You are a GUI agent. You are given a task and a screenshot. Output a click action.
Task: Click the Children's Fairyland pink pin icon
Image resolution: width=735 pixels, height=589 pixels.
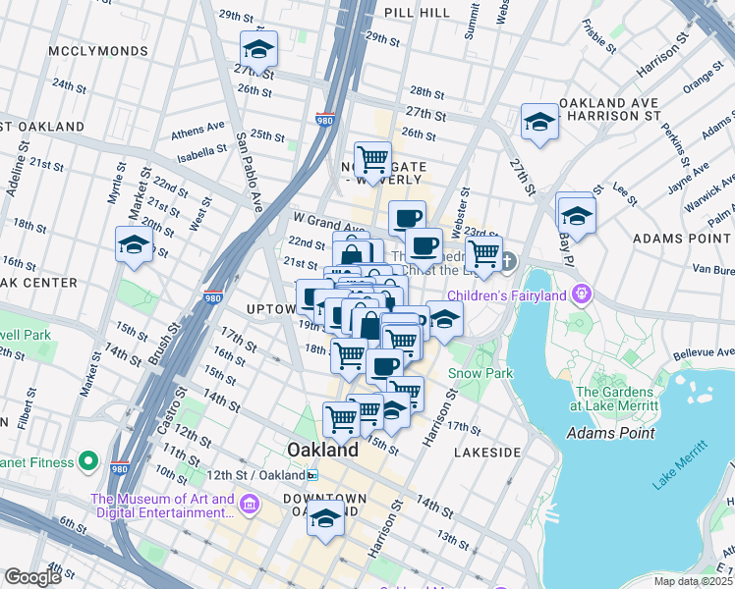click(x=583, y=294)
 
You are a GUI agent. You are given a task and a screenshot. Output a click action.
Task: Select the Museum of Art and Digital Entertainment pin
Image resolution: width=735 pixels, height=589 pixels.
click(x=250, y=507)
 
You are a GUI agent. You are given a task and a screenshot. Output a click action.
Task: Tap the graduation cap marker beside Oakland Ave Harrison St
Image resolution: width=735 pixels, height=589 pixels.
click(x=539, y=122)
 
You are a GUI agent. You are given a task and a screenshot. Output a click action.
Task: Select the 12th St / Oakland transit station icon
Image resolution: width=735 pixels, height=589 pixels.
click(x=312, y=475)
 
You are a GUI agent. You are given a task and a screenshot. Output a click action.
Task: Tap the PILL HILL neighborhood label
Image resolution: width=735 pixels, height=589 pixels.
click(x=418, y=12)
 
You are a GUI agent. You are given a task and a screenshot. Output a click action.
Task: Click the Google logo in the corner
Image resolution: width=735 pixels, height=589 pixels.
click(x=32, y=577)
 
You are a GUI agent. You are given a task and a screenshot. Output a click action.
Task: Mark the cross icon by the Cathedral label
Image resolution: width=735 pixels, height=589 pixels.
click(x=507, y=261)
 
